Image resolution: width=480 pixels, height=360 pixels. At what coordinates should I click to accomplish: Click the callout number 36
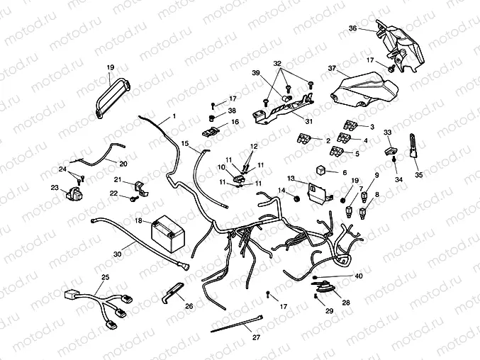coord(352,28)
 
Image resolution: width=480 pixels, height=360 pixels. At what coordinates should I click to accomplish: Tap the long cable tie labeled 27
coord(238,325)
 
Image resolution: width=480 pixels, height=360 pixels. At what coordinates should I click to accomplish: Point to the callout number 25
coord(105,276)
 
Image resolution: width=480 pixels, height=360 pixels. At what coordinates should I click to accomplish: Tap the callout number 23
coord(55,188)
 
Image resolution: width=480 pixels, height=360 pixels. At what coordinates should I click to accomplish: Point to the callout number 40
coord(358,276)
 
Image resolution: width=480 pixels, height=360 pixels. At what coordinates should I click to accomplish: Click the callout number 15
coord(184,144)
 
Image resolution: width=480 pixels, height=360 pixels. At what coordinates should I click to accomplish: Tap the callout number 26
coord(188,306)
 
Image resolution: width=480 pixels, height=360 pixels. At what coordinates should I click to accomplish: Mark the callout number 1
coord(174,115)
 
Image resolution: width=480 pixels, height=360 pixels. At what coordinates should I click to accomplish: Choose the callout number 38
coord(232,111)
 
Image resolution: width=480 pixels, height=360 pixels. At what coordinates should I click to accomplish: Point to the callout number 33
coord(387,132)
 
